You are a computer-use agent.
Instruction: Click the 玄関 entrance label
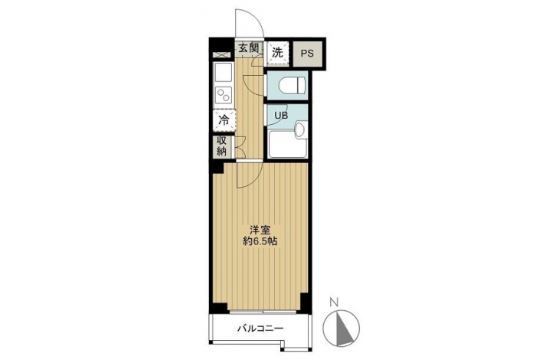tap(248, 48)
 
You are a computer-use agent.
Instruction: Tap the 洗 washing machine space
tap(278, 53)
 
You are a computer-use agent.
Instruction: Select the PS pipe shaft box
tap(307, 54)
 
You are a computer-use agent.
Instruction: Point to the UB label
tap(281, 116)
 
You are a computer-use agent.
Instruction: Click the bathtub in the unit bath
tap(287, 144)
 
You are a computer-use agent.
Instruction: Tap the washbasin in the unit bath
tap(300, 129)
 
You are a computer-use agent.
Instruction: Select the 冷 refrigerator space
tap(224, 119)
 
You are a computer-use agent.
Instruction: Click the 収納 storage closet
tap(222, 146)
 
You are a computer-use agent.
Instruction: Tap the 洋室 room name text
tap(260, 229)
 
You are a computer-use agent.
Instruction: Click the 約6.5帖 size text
tap(260, 241)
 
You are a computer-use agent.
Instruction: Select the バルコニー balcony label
tap(260, 329)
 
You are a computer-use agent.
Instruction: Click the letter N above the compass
tap(333, 303)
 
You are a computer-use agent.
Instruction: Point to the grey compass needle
tap(343, 329)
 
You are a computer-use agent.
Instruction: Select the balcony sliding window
tap(263, 312)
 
